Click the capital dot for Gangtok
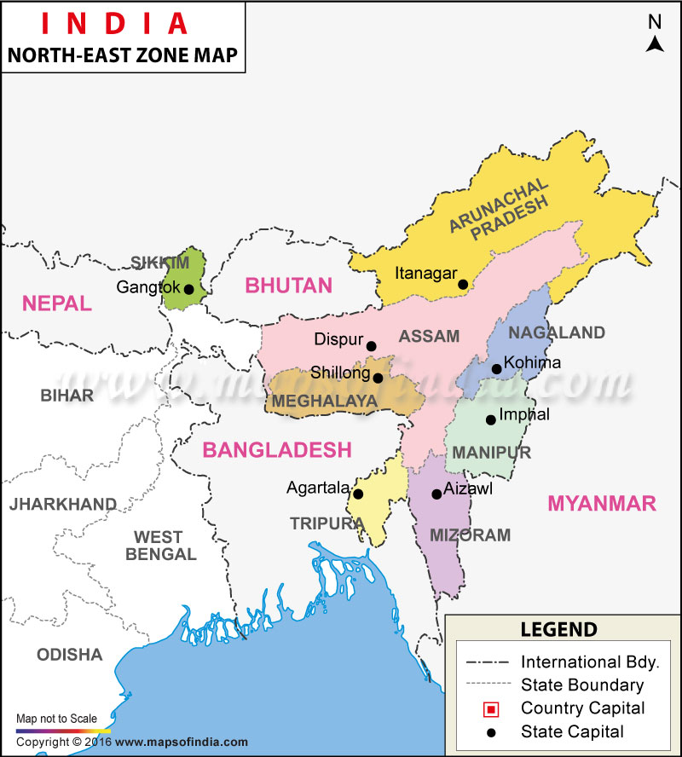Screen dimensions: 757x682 point(188,289)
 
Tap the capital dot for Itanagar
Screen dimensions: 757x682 point(462,285)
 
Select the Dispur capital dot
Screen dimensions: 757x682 point(371,346)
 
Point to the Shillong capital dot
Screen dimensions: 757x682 point(378,378)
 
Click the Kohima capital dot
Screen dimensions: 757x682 point(496,369)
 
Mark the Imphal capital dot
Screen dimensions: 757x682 point(490,419)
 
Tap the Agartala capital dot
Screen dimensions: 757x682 point(358,494)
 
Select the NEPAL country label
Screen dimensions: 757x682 point(56,303)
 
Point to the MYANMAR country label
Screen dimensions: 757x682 point(602,503)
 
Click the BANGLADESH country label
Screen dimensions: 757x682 point(276,449)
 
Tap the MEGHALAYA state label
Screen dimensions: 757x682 point(324,401)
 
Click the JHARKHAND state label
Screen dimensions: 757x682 point(62,505)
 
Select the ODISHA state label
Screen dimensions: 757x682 point(69,655)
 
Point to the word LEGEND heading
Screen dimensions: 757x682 point(559,630)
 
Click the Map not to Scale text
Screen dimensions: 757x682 point(56,719)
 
